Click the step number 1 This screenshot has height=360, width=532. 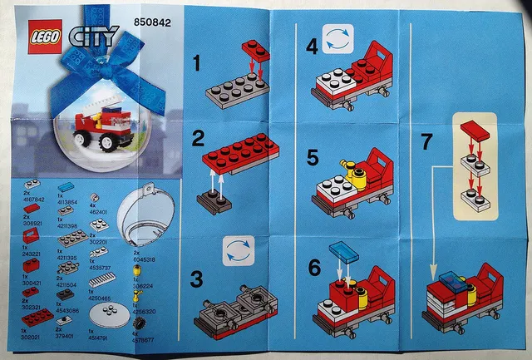pyautogui.click(x=197, y=63)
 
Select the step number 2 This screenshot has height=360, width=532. pyautogui.click(x=197, y=138)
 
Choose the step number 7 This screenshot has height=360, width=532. pyautogui.click(x=426, y=142)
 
